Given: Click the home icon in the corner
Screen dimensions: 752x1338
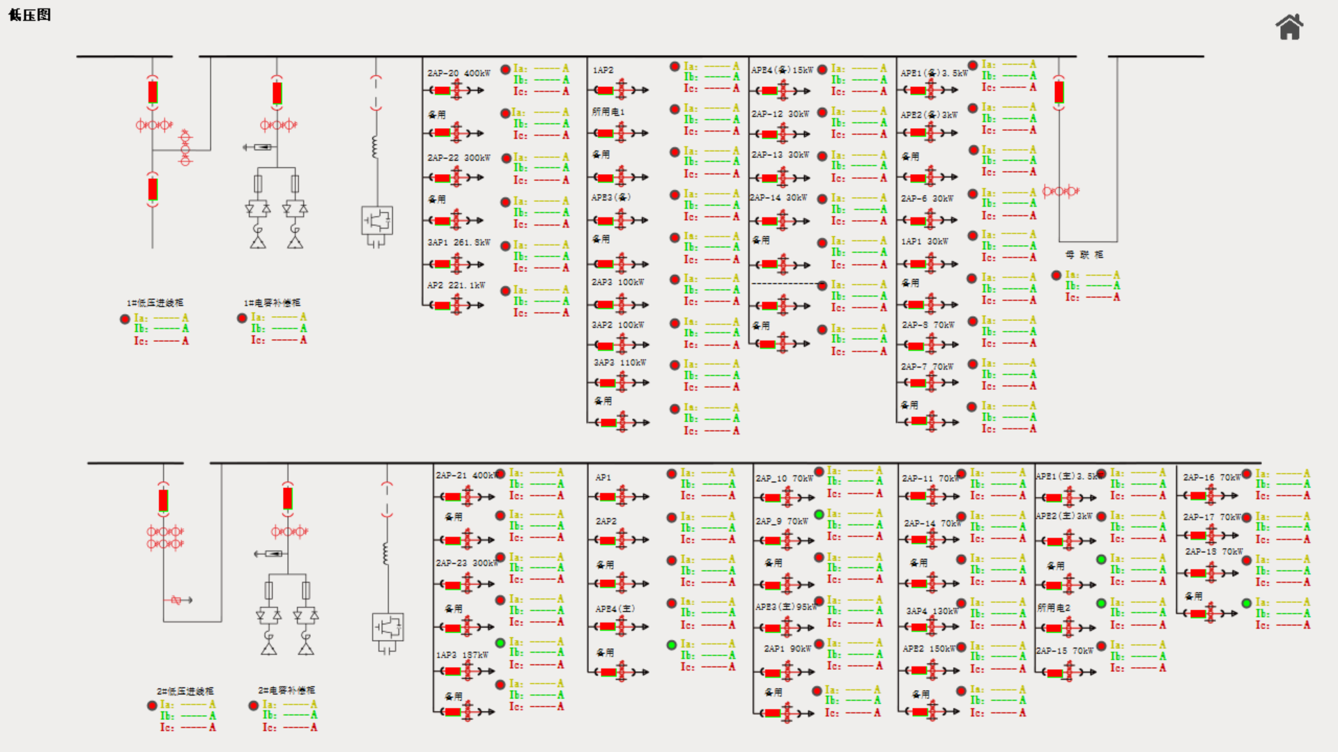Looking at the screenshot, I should (1289, 27).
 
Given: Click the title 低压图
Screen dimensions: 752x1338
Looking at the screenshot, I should (29, 15).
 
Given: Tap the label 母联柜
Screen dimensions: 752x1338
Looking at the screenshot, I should (1084, 255).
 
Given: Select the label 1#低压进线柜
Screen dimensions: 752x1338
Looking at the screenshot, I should (155, 303).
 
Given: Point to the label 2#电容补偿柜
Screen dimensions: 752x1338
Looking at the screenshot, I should (286, 690).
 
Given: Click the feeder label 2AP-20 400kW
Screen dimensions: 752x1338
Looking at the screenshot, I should (459, 73).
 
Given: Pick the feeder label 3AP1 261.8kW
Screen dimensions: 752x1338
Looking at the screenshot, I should (459, 242).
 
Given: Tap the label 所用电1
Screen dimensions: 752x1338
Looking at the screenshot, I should (608, 112).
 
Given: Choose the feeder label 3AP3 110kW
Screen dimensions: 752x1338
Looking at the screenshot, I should (620, 363).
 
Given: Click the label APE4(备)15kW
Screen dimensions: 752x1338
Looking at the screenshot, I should (782, 70).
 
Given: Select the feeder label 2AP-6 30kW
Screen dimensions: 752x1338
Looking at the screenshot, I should (927, 198).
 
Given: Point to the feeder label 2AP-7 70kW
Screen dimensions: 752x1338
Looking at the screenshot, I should (927, 366).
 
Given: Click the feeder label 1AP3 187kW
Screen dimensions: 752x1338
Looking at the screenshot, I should (462, 655).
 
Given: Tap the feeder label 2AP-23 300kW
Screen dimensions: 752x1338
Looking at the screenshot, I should (467, 563).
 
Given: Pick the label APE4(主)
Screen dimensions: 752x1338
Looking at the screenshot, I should (615, 609).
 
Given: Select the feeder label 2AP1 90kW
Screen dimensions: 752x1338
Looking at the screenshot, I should (787, 648).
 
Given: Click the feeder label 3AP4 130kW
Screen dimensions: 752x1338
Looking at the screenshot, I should (932, 611).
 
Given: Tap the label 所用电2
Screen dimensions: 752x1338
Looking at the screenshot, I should (1053, 608).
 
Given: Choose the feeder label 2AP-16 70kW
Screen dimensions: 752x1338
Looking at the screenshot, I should (1213, 478).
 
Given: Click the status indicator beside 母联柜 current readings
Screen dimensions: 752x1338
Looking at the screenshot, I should (1056, 276).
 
